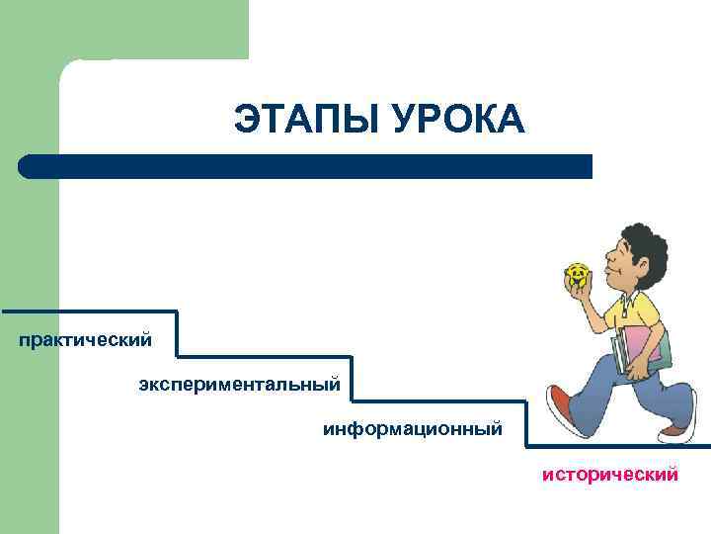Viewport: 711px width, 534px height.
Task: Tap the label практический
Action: point(85,340)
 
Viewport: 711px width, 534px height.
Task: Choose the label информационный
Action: point(412,429)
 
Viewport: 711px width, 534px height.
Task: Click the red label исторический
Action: point(609,475)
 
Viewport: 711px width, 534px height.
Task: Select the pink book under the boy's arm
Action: point(641,346)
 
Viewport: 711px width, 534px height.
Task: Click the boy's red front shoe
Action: point(562,409)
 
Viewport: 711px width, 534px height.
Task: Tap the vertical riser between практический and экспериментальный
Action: point(178,334)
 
